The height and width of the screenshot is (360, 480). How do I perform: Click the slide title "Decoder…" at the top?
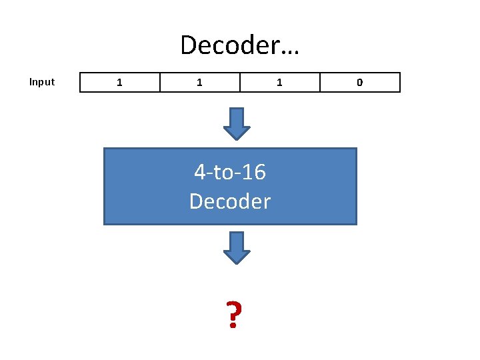[240, 45]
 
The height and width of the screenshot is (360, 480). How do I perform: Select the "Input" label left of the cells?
[42, 82]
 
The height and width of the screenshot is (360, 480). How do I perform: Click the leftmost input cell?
[120, 82]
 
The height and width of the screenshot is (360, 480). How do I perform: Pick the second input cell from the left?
[200, 82]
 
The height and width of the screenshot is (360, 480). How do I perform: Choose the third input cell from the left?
[280, 82]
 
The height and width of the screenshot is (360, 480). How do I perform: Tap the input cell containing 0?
[360, 82]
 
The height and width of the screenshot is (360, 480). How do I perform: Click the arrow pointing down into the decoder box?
[236, 123]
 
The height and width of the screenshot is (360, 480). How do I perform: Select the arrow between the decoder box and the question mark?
[236, 247]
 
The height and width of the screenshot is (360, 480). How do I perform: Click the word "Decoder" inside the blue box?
[230, 201]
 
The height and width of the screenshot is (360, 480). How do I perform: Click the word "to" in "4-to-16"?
[223, 173]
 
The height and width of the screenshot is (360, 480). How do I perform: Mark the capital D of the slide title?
[189, 45]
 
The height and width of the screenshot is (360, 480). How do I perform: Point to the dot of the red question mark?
[232, 327]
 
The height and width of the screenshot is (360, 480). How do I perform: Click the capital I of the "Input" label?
[31, 82]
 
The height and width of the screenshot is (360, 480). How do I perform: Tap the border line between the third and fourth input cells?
[320, 82]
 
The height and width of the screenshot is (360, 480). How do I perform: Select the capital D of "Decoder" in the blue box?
[197, 201]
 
